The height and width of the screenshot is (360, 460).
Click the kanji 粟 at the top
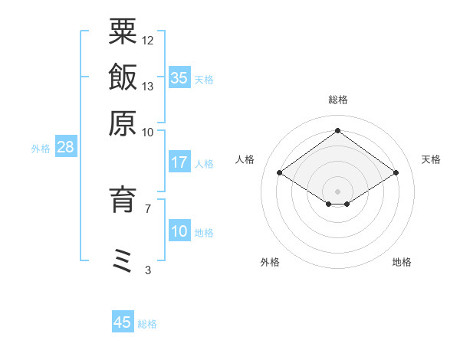pyautogui.click(x=123, y=31)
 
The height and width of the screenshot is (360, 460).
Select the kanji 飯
pyautogui.click(x=123, y=77)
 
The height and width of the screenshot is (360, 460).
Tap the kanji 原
pyautogui.click(x=123, y=122)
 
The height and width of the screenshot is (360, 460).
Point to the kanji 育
pyautogui.click(x=123, y=199)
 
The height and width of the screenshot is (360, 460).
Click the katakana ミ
pyautogui.click(x=123, y=260)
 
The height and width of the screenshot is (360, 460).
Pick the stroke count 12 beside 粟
pyautogui.click(x=148, y=40)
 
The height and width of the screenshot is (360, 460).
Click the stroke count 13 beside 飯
pyautogui.click(x=148, y=86)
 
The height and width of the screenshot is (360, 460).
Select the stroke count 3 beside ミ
pyautogui.click(x=147, y=270)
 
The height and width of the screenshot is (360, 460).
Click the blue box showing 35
pyautogui.click(x=179, y=77)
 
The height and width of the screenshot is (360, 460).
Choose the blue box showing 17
pyautogui.click(x=179, y=162)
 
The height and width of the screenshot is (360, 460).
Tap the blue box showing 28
pyautogui.click(x=65, y=147)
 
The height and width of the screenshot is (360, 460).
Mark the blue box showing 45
pyautogui.click(x=123, y=322)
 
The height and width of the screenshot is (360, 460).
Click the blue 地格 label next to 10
pyautogui.click(x=204, y=233)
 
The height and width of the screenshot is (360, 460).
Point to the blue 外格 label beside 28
pyautogui.click(x=41, y=149)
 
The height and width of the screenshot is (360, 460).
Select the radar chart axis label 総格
pyautogui.click(x=337, y=100)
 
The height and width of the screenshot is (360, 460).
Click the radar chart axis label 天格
pyautogui.click(x=431, y=159)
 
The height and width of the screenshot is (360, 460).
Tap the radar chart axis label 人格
pyautogui.click(x=245, y=159)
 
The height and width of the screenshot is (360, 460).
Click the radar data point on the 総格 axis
pyautogui.click(x=337, y=130)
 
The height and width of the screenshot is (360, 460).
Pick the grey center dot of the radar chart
pyautogui.click(x=337, y=190)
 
